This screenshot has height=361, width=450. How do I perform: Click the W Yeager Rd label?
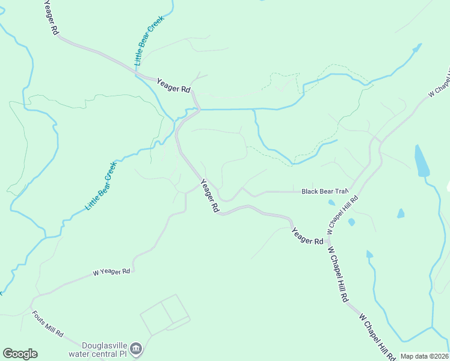click(x=112, y=272)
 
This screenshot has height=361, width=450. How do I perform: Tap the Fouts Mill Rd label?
click(x=48, y=324)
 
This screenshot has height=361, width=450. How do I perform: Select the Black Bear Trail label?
click(x=325, y=191)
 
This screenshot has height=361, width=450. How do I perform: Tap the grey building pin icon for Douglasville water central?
click(x=137, y=348)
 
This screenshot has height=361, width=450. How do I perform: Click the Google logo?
click(x=20, y=354)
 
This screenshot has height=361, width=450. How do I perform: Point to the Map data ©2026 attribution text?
click(x=424, y=356)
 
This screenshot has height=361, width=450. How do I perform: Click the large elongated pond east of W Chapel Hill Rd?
click(x=422, y=161)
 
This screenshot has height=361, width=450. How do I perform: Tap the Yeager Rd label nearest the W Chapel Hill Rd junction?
click(x=307, y=235)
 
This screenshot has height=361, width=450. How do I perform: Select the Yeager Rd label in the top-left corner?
click(x=51, y=17)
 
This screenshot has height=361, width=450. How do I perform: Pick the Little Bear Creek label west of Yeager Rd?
click(x=100, y=185)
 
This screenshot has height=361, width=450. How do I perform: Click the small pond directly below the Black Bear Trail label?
click(x=331, y=203)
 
